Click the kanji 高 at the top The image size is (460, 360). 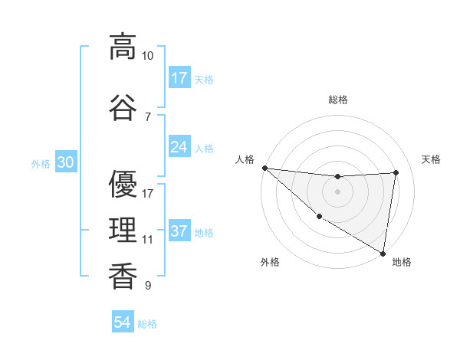[x=122, y=47]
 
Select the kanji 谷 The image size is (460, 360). [x=122, y=107]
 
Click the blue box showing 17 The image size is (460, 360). [x=179, y=77]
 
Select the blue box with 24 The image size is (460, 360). [x=179, y=146]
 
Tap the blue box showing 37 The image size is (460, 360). [x=179, y=231]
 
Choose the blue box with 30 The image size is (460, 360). [x=65, y=162]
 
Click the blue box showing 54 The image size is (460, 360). [x=122, y=322]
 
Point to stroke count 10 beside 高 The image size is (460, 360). [x=147, y=56]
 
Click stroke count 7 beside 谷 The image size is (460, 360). [x=147, y=116]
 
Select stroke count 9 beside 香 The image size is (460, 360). [x=147, y=286]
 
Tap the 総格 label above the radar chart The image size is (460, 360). [x=337, y=100]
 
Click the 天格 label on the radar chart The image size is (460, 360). [x=431, y=159]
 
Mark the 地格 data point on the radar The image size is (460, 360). [x=383, y=253]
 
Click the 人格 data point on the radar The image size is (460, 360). [x=264, y=168]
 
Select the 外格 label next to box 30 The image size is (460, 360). [x=41, y=163]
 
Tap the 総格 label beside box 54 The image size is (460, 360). [x=147, y=324]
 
